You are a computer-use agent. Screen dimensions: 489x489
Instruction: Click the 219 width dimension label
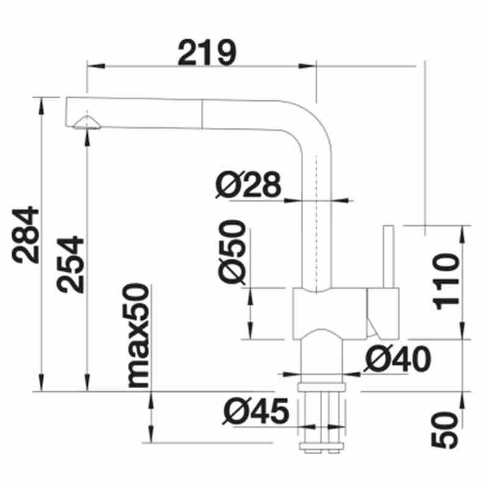click(207, 53)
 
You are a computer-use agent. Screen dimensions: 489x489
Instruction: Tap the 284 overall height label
click(28, 235)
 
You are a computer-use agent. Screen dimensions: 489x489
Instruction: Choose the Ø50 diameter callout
click(233, 252)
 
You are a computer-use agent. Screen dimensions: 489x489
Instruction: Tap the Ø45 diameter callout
click(256, 411)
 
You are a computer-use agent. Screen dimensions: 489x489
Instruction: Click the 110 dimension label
click(446, 281)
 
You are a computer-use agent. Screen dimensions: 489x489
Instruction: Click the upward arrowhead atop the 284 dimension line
click(42, 104)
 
